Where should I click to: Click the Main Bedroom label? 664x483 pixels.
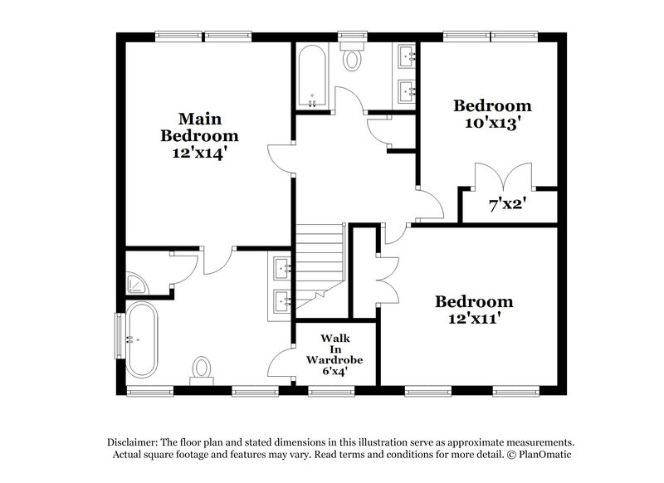click(199, 126)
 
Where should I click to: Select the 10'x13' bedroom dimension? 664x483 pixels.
click(491, 124)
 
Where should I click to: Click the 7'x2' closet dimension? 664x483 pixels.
click(509, 202)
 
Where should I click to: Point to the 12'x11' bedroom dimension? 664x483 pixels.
click(474, 318)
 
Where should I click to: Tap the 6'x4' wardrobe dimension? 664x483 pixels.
click(325, 372)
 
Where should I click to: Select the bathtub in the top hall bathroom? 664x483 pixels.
click(312, 76)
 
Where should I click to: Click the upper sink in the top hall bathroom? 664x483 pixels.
click(407, 57)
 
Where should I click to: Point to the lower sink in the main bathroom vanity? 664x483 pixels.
click(282, 300)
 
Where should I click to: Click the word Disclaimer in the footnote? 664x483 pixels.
click(134, 442)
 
